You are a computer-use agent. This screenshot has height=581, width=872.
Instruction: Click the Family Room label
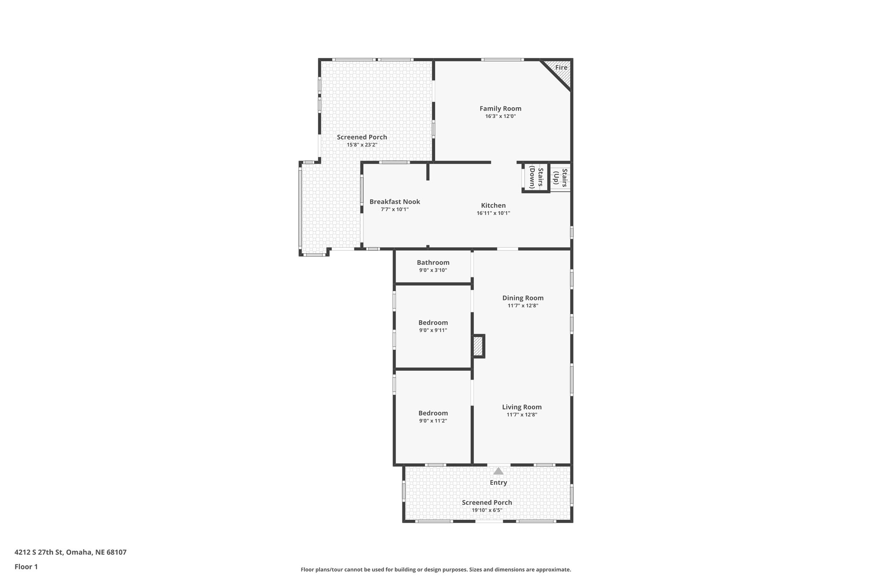tap(500, 109)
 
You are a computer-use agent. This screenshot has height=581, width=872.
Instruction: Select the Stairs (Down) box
tap(536, 177)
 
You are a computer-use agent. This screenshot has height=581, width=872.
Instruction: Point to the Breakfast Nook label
tap(395, 202)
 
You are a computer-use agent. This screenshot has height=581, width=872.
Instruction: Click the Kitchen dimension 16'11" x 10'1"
tap(493, 213)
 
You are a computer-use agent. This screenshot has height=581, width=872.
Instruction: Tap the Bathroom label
tap(433, 263)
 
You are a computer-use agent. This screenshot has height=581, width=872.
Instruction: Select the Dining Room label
tap(523, 298)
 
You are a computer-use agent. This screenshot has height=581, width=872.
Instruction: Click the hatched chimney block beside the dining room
tap(479, 346)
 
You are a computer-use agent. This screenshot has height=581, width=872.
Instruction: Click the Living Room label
tap(522, 407)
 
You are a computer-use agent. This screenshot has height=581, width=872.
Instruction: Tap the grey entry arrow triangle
tap(498, 471)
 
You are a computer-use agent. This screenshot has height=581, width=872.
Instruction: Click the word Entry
tap(498, 483)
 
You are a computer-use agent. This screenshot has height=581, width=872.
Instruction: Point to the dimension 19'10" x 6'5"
tap(487, 510)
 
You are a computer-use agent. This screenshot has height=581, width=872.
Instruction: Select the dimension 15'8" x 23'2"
tap(362, 145)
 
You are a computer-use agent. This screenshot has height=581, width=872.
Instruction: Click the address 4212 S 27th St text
tap(70, 552)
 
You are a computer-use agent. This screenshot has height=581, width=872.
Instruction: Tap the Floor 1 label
tap(26, 567)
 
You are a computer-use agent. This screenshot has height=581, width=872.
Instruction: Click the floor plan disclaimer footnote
tap(436, 570)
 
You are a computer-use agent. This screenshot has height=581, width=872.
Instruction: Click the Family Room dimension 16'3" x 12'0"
tap(500, 116)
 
